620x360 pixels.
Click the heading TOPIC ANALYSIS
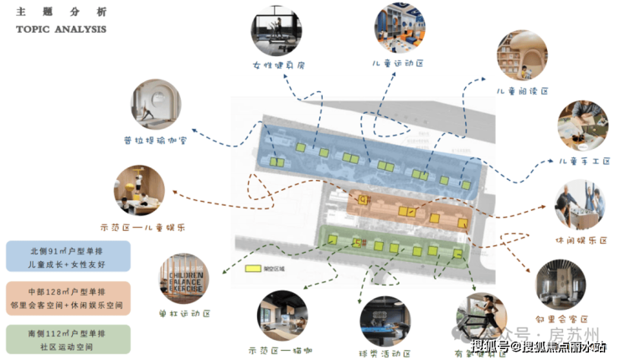pos(61,29)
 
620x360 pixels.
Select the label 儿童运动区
pos(400,63)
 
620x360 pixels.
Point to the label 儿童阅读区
pos(522,90)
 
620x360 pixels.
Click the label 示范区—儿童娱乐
pos(142,227)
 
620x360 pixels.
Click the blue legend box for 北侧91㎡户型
pos(67,257)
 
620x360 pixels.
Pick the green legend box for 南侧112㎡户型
pos(67,339)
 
